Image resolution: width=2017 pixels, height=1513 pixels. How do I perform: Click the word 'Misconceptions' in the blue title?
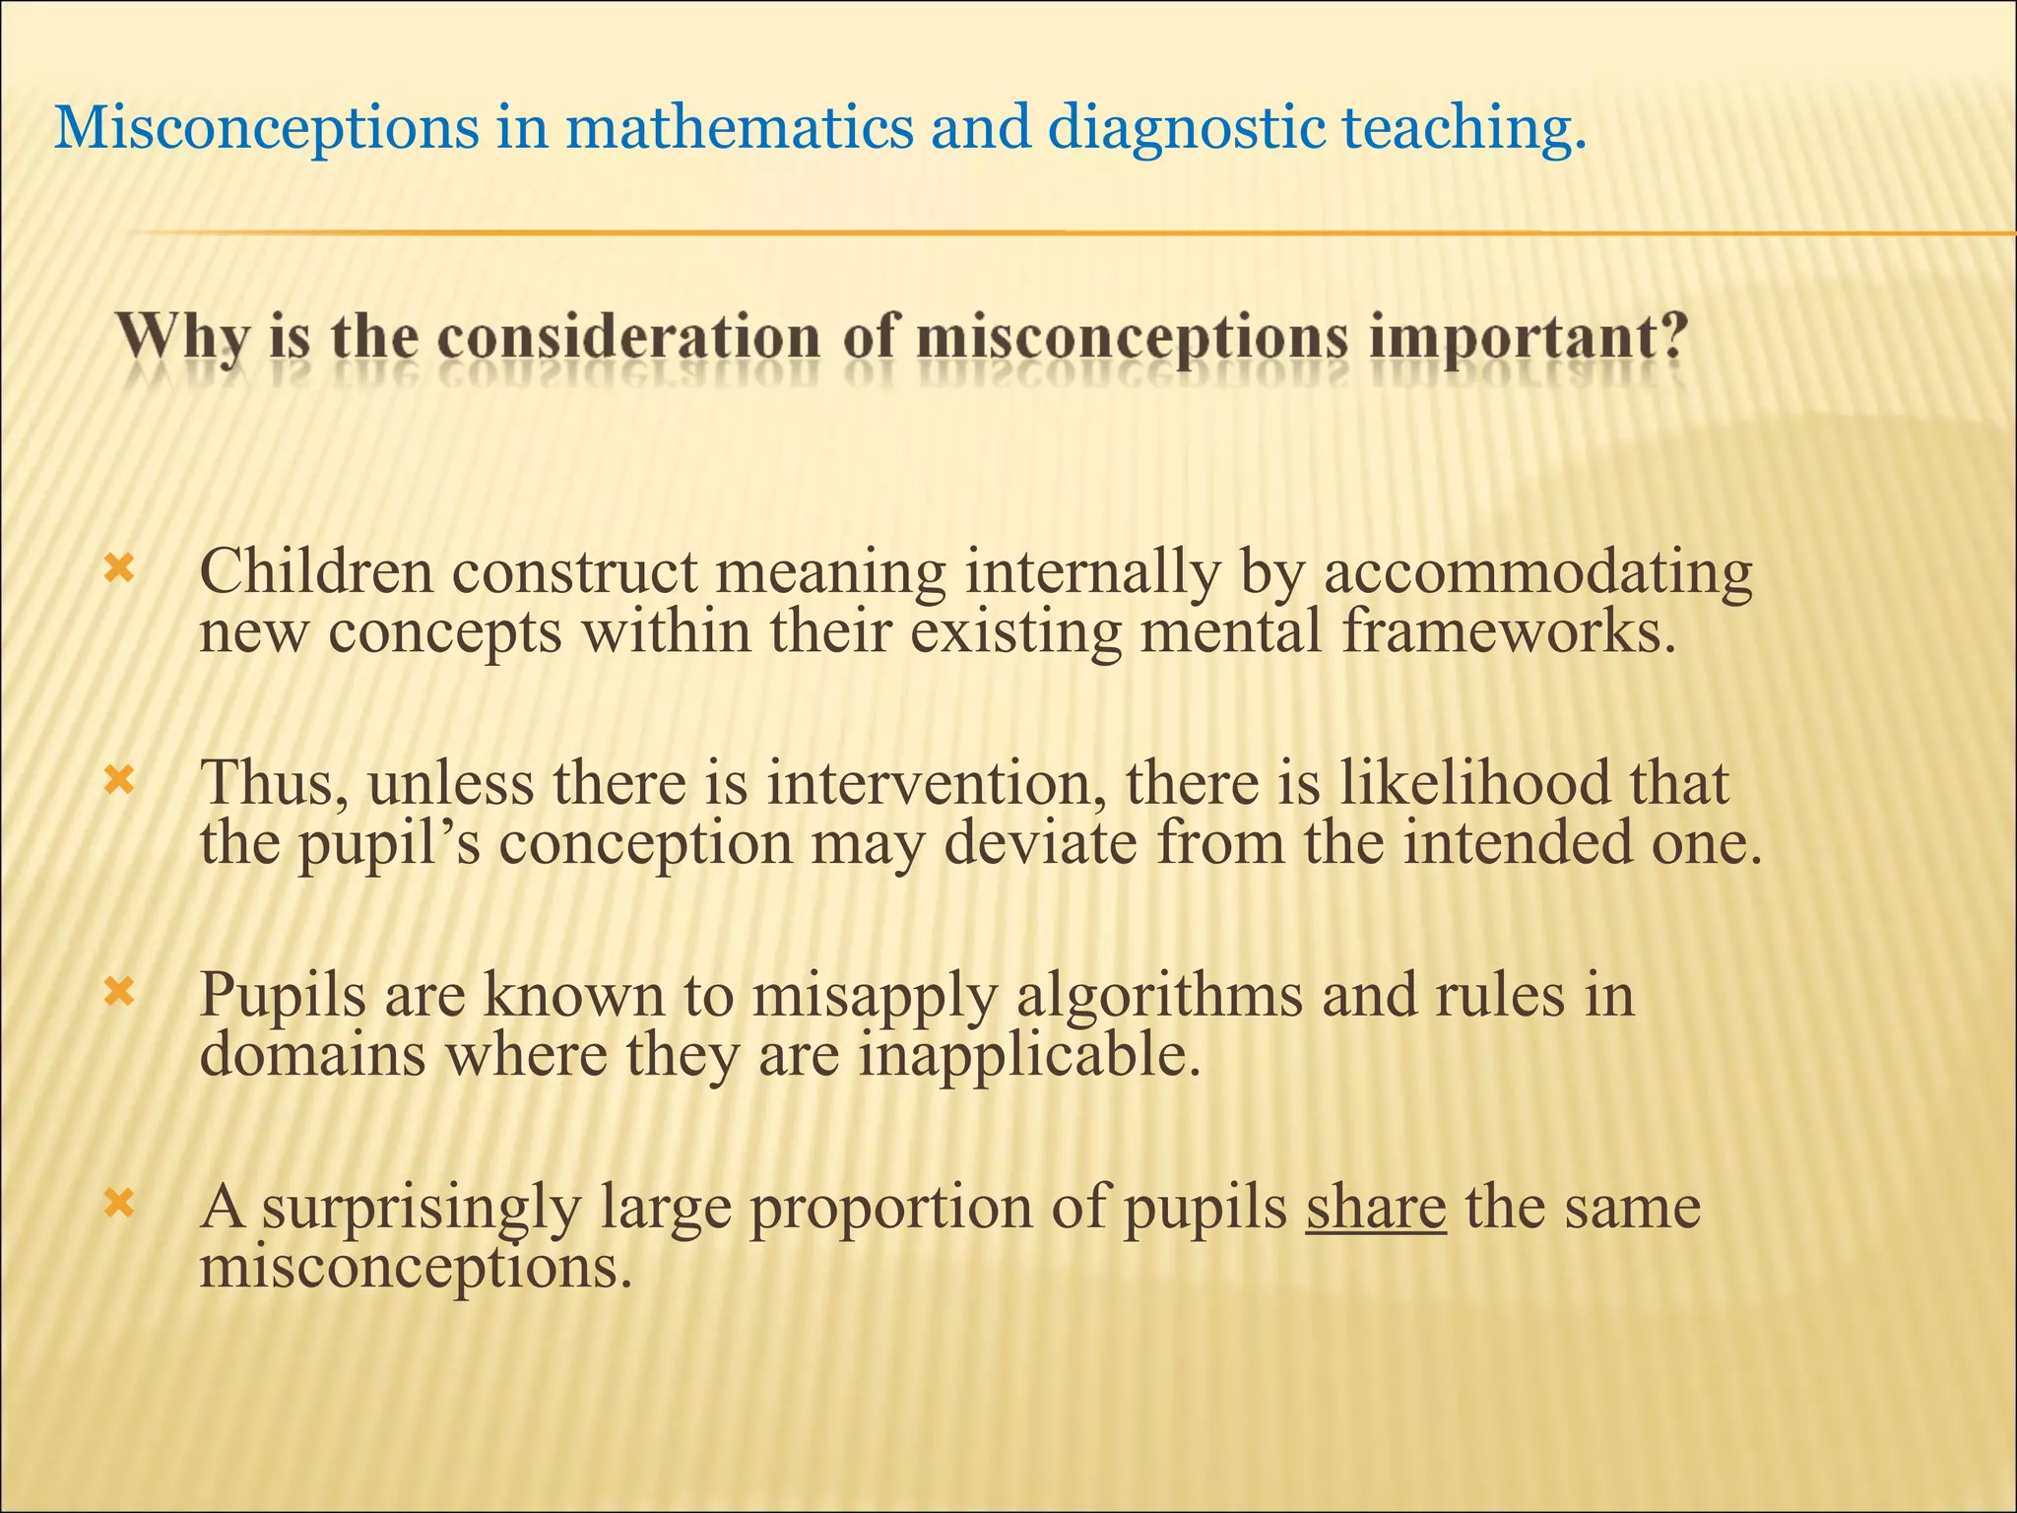pos(267,129)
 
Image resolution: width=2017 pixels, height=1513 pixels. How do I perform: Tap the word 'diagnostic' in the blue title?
pos(1187,129)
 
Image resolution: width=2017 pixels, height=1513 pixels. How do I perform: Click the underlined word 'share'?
pos(1376,1207)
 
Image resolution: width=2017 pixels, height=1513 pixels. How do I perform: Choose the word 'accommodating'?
pos(1537,573)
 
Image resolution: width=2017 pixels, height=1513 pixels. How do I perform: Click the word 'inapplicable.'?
pos(1030,1056)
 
